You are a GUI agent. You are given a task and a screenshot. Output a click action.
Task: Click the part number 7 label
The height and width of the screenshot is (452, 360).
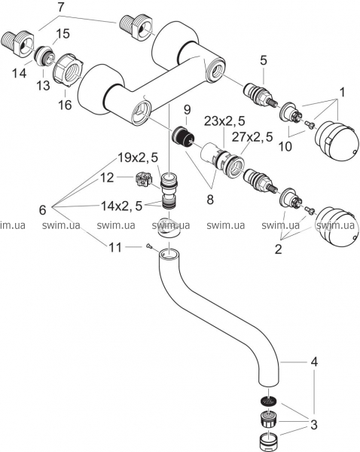tap(60, 8)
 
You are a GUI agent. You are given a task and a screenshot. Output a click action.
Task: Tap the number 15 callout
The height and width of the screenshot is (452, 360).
tap(63, 34)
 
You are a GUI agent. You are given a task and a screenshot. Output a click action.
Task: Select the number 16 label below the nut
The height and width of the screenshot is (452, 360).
tap(65, 105)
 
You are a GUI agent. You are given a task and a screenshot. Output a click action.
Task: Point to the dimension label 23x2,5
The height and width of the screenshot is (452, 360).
tap(224, 121)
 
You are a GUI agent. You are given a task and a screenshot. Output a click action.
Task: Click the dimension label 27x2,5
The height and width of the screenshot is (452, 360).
tap(252, 137)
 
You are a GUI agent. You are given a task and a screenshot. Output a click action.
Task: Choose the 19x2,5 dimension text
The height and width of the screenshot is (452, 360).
tap(138, 157)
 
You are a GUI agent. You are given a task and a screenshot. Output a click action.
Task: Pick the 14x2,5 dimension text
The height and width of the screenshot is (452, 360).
tap(121, 206)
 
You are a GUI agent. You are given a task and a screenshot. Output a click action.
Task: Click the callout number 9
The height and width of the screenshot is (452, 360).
tap(187, 109)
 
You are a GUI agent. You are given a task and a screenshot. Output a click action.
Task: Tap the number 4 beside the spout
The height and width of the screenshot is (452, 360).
tap(314, 361)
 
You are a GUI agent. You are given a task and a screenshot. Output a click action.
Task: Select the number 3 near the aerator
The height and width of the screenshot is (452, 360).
tap(313, 425)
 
